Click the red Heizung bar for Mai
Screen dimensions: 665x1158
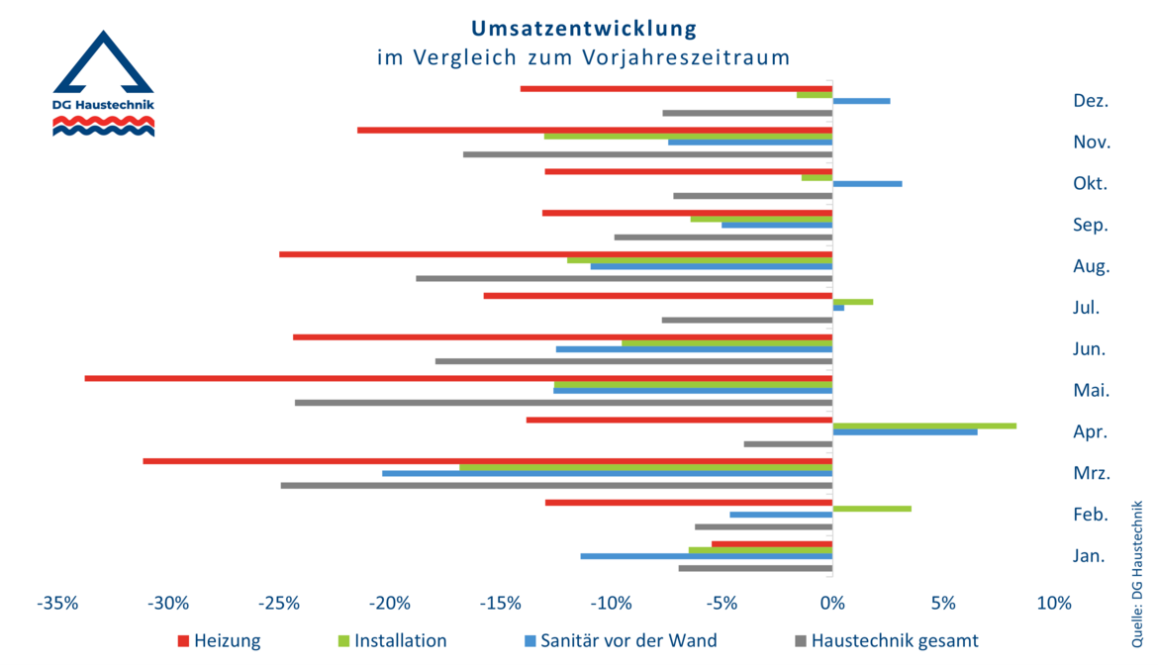click(x=458, y=378)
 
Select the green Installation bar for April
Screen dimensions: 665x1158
click(x=924, y=426)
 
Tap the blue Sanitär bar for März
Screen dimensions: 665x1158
click(x=607, y=473)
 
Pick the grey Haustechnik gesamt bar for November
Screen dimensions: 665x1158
click(x=647, y=154)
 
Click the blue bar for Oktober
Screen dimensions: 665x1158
click(x=867, y=184)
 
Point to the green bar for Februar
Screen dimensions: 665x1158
click(x=872, y=509)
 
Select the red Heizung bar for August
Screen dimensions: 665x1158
click(x=555, y=254)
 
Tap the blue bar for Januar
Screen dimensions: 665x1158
click(x=706, y=556)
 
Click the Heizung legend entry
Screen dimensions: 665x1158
click(x=219, y=641)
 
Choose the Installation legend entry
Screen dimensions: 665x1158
click(x=392, y=641)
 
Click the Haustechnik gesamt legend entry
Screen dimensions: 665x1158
click(x=886, y=641)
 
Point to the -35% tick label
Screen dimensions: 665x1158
click(x=57, y=604)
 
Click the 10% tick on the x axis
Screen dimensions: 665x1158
click(x=1053, y=604)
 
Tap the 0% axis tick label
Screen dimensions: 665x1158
click(x=832, y=604)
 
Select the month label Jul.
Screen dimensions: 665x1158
click(x=1086, y=308)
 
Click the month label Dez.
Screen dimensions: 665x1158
click(x=1090, y=101)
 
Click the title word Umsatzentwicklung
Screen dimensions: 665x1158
click(x=583, y=28)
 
